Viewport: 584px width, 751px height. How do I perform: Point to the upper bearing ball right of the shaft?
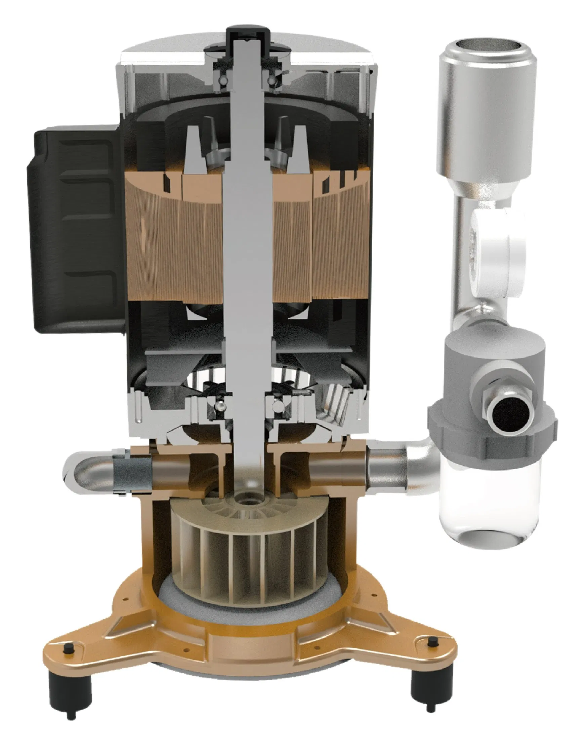[x=272, y=80]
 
